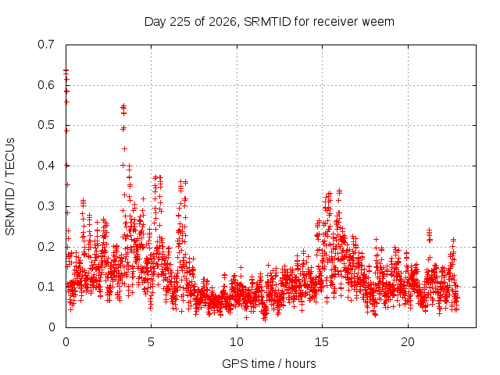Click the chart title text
pos(269,22)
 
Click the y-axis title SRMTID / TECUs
pos(10,187)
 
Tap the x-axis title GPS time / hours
pos(269,363)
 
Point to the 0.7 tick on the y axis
pos(46,45)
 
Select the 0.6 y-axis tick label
pos(46,85)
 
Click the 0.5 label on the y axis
pos(46,125)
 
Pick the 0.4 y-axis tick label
pos(46,166)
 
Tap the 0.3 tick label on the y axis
pos(46,206)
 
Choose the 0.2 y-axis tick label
pos(46,247)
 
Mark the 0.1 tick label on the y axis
pos(46,287)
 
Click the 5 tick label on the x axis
pos(151,342)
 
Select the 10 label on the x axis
pos(237,342)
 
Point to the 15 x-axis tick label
pos(322,342)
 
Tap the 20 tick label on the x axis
pos(408,342)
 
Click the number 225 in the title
pos(180,22)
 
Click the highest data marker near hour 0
pos(66,71)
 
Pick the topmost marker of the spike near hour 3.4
pos(123,105)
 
